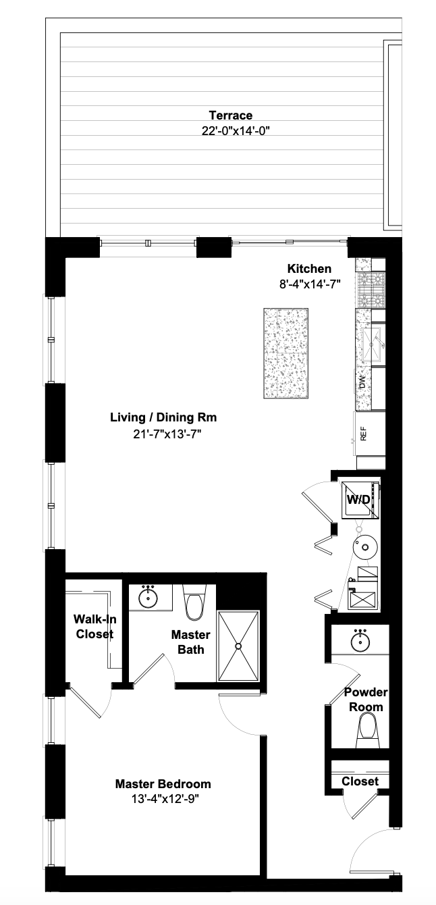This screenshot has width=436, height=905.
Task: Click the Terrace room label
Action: point(230,115)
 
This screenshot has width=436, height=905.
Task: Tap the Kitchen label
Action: point(309,269)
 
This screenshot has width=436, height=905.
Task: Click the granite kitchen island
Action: point(286,354)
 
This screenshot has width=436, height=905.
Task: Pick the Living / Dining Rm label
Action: point(163,417)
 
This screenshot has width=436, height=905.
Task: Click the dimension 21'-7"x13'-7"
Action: point(163,434)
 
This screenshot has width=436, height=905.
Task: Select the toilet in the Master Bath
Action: point(194,606)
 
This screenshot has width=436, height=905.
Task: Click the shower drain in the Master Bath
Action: point(238,646)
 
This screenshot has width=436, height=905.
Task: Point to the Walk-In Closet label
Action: point(94,626)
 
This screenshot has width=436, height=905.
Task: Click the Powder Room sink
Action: point(360,640)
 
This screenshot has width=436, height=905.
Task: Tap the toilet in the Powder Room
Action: point(368,728)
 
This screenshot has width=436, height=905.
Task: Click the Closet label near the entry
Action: point(360,781)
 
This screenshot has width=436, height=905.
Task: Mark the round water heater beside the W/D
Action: point(364,546)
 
